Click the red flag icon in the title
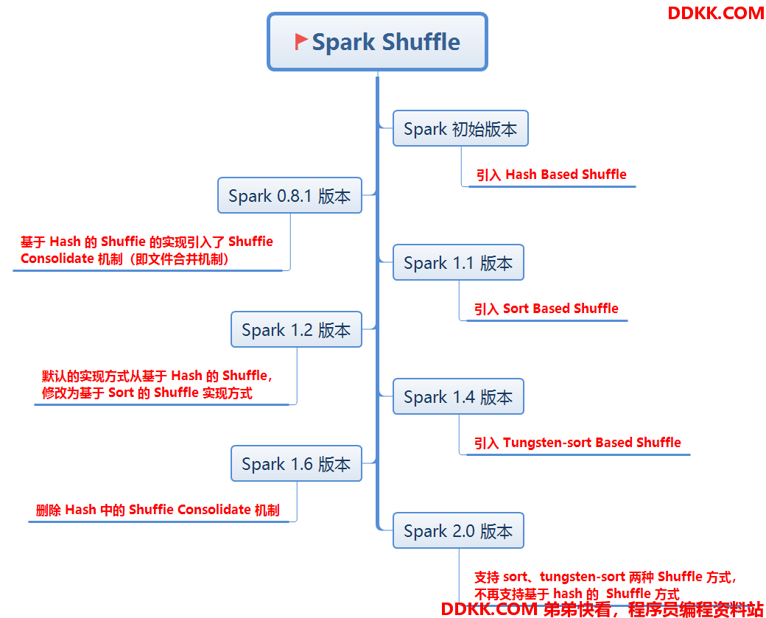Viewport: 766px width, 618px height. [301, 41]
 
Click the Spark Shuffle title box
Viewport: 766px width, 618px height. [377, 41]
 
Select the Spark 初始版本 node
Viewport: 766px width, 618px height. [460, 128]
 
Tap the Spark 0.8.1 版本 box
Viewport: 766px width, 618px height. [289, 195]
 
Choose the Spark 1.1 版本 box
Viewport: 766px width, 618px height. [458, 262]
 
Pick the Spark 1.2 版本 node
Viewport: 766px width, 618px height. [296, 329]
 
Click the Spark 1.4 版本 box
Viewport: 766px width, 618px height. [458, 396]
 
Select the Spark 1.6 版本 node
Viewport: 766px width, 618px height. [296, 463]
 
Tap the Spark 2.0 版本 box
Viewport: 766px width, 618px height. [458, 530]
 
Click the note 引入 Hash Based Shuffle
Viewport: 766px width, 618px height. [551, 175]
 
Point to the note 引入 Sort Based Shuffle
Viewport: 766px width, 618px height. [547, 309]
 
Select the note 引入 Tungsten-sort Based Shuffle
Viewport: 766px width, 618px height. [577, 443]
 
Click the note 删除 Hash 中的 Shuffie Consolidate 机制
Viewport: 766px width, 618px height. [158, 510]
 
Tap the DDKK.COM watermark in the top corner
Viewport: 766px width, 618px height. [716, 13]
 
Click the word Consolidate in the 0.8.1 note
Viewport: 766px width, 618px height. [57, 259]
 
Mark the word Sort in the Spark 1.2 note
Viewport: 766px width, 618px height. [121, 393]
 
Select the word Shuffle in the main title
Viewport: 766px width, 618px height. [421, 42]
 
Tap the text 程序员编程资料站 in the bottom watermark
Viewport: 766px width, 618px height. [695, 609]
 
